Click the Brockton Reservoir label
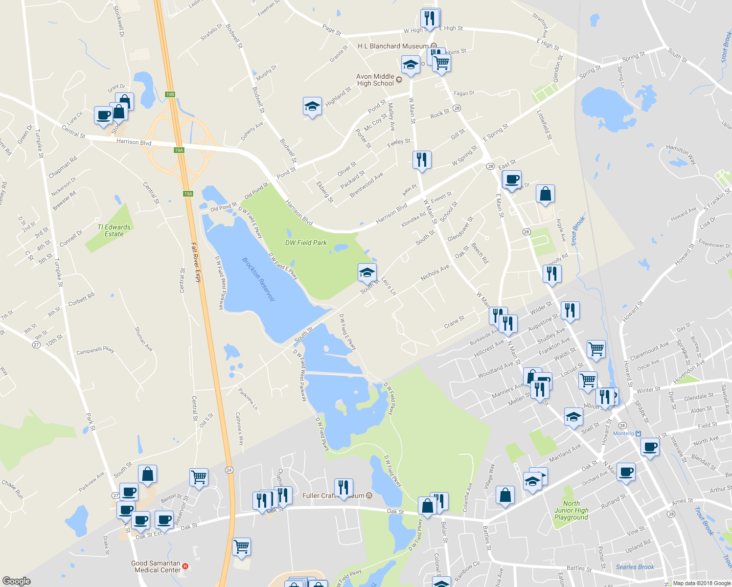258,279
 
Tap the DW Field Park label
306,243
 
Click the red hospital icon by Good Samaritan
185,566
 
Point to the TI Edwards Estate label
114,230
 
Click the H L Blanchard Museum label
393,46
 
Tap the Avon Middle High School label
375,80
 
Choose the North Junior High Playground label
571,510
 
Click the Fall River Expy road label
196,262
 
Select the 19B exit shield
170,94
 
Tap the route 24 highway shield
229,470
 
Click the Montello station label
623,433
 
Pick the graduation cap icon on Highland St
312,106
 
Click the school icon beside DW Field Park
366,272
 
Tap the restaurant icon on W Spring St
421,159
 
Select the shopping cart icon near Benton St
199,476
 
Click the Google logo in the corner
16,581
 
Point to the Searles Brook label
635,567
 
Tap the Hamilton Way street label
681,154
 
